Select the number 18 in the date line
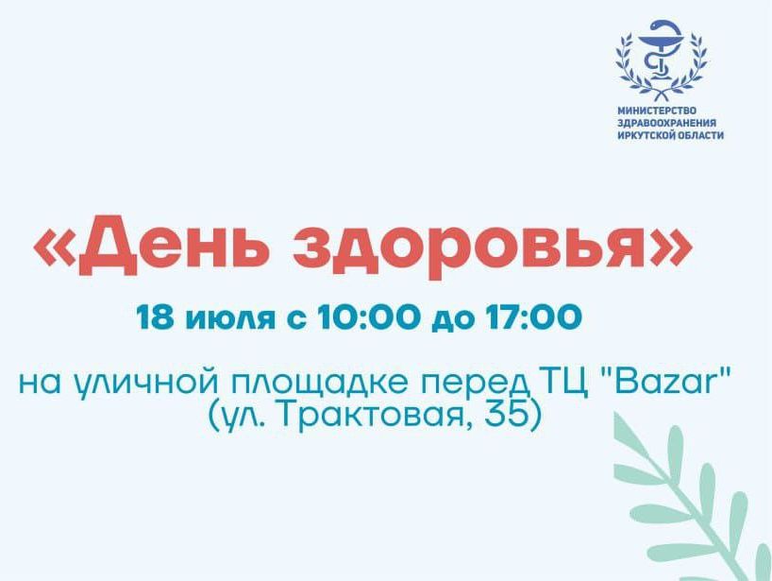[155, 317]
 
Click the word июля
[230, 318]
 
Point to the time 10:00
[368, 317]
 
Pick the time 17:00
[534, 317]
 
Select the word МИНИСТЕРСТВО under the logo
[657, 111]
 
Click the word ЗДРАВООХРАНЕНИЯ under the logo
[666, 123]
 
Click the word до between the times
[452, 320]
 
